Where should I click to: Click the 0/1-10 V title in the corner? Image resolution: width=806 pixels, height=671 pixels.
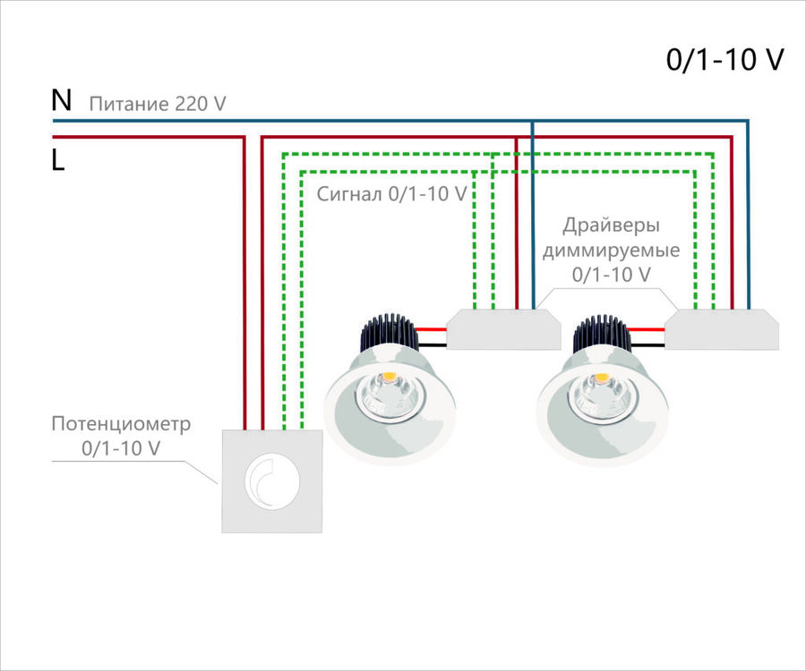click(725, 60)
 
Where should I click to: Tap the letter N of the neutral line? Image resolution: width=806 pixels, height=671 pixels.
click(61, 100)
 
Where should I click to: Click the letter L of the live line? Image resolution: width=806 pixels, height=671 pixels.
click(58, 161)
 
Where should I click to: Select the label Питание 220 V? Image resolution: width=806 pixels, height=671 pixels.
click(157, 105)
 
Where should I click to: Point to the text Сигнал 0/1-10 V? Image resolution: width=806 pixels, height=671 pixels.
click(391, 193)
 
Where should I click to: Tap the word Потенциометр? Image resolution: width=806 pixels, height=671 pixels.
click(122, 423)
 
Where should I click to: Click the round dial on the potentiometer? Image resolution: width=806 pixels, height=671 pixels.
click(271, 480)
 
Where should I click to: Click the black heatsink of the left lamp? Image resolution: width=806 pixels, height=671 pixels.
click(389, 335)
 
